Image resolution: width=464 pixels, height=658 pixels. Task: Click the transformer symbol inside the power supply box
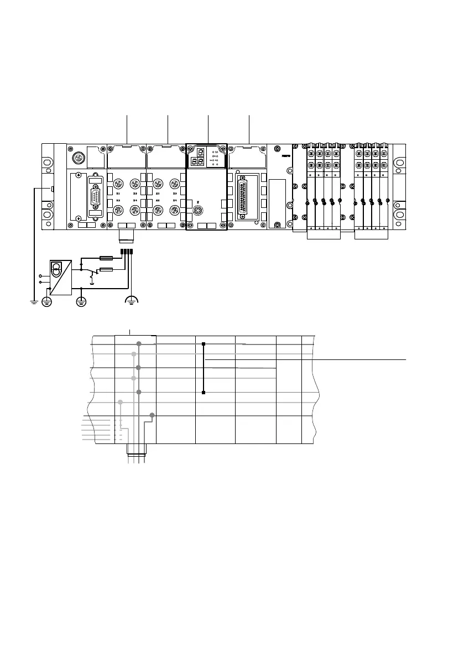(x=57, y=269)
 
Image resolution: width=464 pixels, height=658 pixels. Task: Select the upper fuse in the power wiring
(x=106, y=257)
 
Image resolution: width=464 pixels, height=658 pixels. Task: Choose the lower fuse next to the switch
(x=106, y=270)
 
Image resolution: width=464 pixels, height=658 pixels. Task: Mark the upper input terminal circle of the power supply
(x=40, y=276)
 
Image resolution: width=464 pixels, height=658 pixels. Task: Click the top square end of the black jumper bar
(x=204, y=344)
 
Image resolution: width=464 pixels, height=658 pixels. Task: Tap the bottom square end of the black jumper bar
(x=204, y=393)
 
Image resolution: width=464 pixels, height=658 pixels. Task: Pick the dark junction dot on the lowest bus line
(x=152, y=415)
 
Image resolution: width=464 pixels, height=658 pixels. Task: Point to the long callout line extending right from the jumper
(x=310, y=359)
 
